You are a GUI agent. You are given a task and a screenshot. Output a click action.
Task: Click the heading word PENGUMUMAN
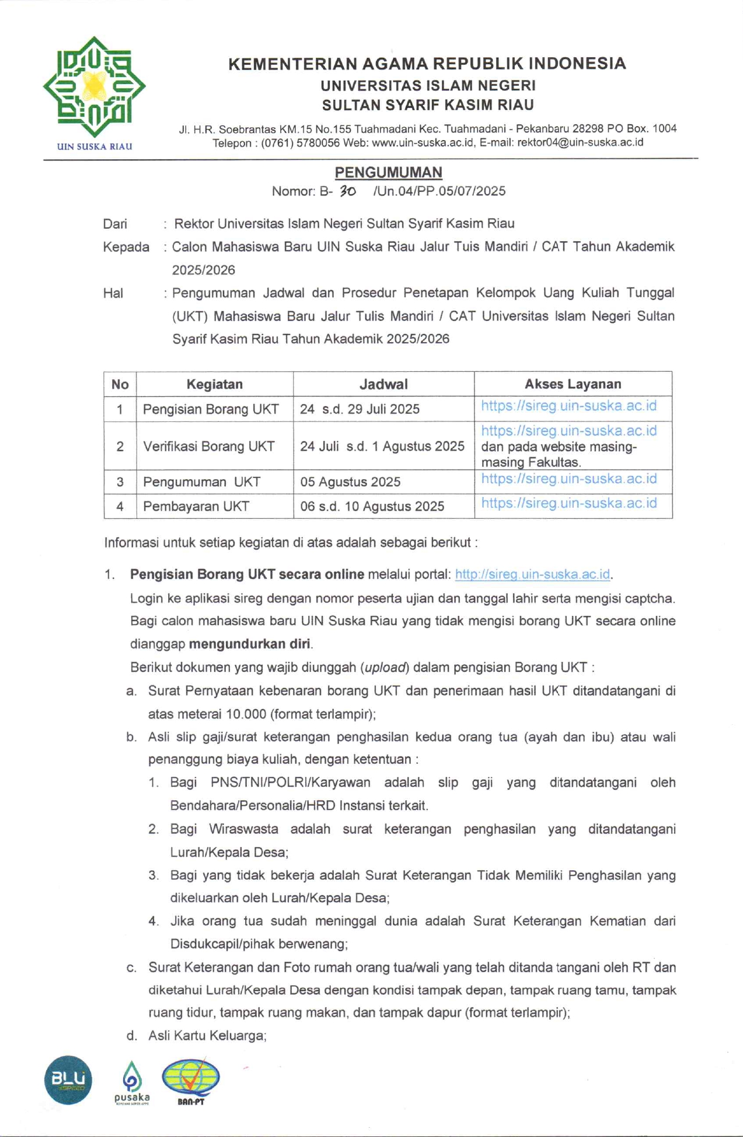tap(388, 172)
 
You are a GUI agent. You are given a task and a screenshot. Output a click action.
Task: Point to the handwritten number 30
tap(348, 191)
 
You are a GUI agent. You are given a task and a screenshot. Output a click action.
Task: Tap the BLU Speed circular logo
tap(68, 1080)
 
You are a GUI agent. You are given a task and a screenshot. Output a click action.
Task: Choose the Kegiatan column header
tap(214, 384)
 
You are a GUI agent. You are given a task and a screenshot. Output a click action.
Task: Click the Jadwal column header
tap(383, 384)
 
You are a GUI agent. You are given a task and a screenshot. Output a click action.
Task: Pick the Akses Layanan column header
tap(573, 384)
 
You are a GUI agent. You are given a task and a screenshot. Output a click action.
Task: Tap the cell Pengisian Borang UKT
tap(211, 409)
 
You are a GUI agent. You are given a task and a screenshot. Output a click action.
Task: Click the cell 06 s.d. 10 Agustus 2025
tap(372, 506)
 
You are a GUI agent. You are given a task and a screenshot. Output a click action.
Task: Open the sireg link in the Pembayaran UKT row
tap(568, 503)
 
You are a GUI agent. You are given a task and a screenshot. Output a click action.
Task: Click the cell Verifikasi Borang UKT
tap(209, 447)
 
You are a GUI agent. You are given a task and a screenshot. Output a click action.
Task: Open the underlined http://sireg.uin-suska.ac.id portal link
tap(532, 574)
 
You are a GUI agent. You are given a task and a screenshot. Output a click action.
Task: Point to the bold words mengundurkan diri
tap(250, 644)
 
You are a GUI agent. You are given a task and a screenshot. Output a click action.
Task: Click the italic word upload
tap(385, 667)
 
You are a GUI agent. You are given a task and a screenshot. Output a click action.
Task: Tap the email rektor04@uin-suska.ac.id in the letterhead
tap(580, 142)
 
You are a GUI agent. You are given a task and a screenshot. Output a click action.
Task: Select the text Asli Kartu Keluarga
tap(207, 1035)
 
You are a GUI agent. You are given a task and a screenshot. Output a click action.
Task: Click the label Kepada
tap(126, 247)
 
